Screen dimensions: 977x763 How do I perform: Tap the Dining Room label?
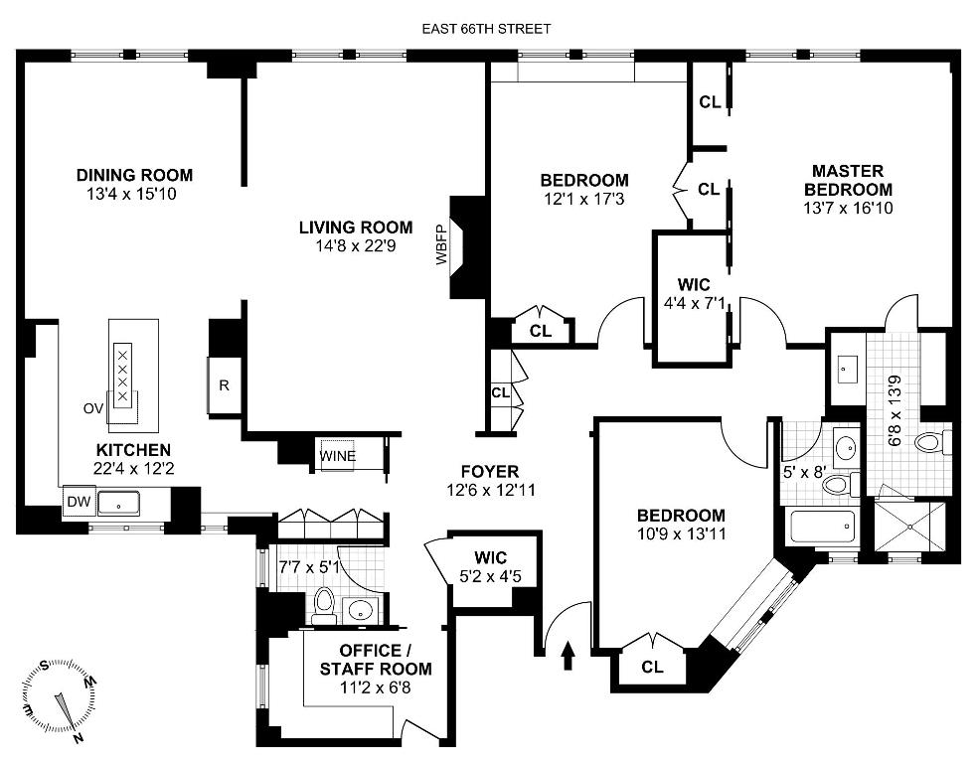(x=134, y=176)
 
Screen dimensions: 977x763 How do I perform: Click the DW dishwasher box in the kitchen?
(x=78, y=503)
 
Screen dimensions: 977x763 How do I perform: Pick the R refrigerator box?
(x=224, y=385)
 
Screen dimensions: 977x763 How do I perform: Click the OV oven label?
(x=94, y=407)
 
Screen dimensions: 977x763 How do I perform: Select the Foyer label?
(x=490, y=471)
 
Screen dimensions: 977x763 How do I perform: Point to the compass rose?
(x=59, y=699)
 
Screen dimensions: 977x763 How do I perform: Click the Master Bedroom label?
(x=848, y=180)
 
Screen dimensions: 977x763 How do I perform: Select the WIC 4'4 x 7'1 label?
(x=687, y=294)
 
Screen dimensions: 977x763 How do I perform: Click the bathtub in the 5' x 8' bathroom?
(x=822, y=526)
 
